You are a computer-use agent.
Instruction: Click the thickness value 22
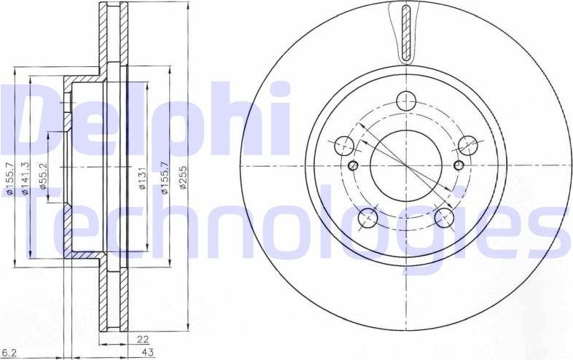[x=143, y=339]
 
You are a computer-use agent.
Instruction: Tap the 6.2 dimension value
[x=9, y=352]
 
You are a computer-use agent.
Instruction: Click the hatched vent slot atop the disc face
[x=406, y=32]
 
